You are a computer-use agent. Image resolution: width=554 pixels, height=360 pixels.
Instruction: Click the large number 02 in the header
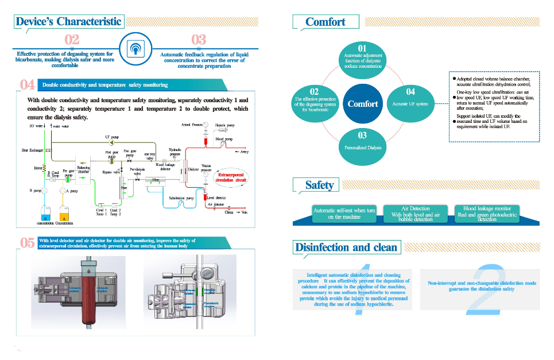(x=72, y=40)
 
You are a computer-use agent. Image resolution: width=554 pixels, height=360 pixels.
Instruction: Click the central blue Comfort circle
(x=363, y=104)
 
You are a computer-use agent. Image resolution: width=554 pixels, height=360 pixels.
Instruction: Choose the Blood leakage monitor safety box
(x=490, y=213)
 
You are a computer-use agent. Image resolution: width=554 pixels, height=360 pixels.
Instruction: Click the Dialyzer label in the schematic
(x=193, y=169)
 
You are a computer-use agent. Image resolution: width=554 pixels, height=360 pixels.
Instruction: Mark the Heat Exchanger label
(x=25, y=150)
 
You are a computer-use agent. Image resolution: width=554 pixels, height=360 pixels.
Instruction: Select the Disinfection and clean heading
(x=346, y=247)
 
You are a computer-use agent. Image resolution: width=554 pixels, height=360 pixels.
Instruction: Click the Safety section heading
(x=319, y=185)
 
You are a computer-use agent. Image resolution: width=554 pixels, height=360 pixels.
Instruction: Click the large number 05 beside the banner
(x=27, y=243)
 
